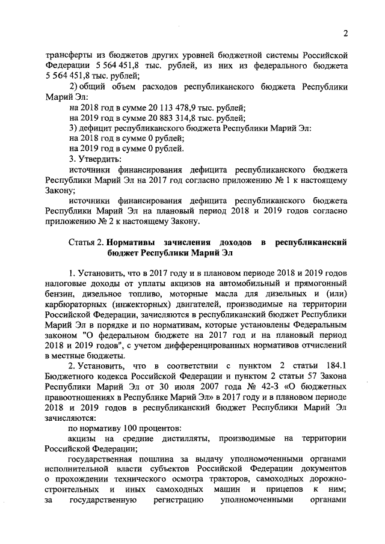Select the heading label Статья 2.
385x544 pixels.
point(86,243)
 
